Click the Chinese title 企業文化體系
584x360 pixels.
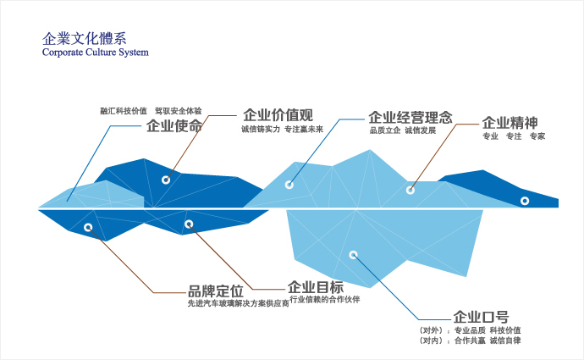tap(84, 39)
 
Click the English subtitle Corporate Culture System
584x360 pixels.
tap(96, 53)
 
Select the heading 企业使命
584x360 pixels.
tap(174, 126)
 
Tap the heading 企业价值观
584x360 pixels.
tap(278, 115)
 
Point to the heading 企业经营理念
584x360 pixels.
tap(410, 118)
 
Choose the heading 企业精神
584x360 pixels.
tap(510, 123)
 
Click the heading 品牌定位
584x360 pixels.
tap(216, 291)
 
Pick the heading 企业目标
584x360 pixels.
tap(316, 287)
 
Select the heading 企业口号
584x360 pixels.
tap(481, 317)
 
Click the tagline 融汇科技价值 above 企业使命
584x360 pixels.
tap(124, 111)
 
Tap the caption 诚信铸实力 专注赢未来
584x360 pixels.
tap(282, 130)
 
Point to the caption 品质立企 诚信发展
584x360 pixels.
tap(403, 130)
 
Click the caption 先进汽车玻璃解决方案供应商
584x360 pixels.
tap(239, 303)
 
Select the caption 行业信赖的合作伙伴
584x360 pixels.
tap(325, 299)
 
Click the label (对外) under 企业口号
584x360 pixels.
tap(431, 330)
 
